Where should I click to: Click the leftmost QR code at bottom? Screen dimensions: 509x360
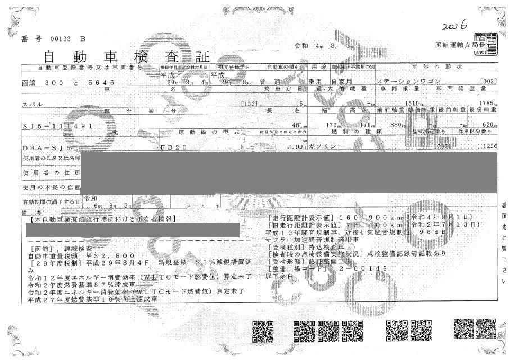262,331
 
